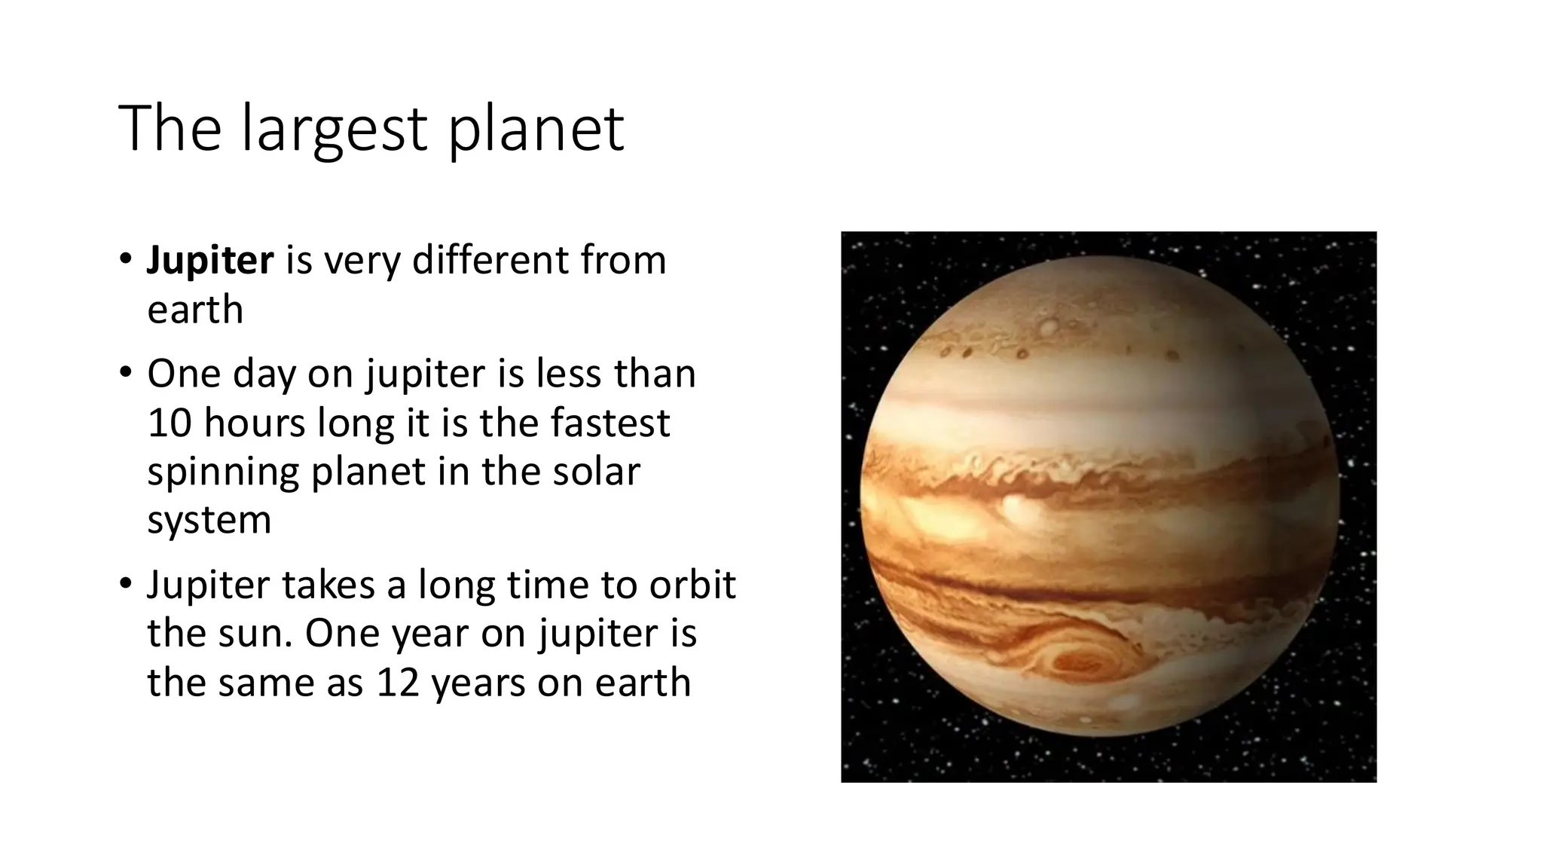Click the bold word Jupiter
[x=209, y=261]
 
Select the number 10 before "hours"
[x=170, y=423]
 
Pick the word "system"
[x=209, y=521]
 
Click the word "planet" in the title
[x=536, y=130]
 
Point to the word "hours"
[x=254, y=423]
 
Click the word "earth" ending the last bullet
[x=643, y=683]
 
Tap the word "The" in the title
[x=170, y=130]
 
